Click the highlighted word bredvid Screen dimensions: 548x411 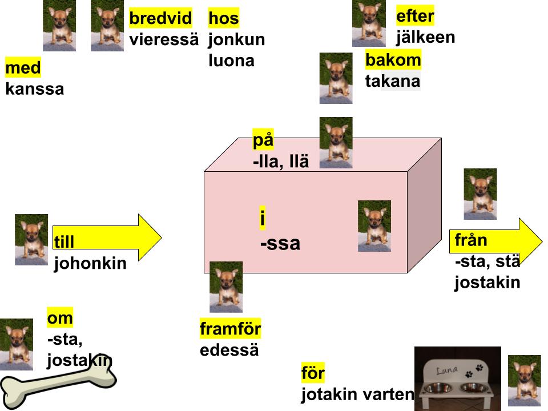pos(160,18)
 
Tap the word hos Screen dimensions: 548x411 pos(224,18)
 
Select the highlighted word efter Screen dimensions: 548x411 pos(415,16)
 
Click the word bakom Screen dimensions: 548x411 pos(393,60)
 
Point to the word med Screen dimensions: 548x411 pos(23,67)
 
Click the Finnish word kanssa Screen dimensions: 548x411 pos(35,89)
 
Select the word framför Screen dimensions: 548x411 pos(230,329)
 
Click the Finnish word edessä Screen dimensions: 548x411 pos(229,350)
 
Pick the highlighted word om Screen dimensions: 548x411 pos(60,318)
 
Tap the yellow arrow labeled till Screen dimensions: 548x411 pos(107,237)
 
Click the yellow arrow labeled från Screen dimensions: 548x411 pos(496,241)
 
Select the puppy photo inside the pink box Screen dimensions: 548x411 pos(374,226)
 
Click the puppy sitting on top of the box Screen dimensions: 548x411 pos(336,143)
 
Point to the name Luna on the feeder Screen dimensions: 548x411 pos(447,370)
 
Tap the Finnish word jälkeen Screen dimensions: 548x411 pos(425,38)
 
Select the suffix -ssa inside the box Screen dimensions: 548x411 pos(280,244)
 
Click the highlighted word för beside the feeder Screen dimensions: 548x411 pos(313,373)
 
